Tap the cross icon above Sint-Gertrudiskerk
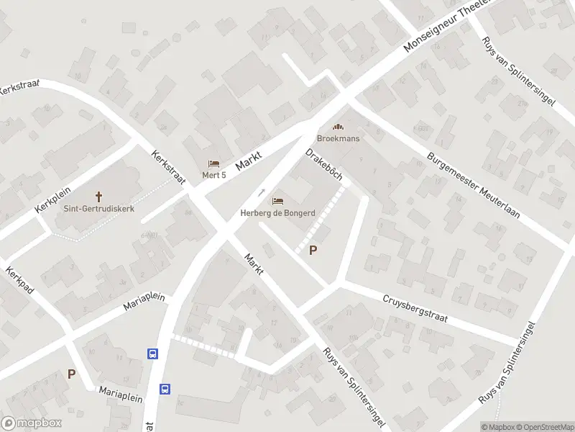click(x=98, y=196)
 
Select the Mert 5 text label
click(x=214, y=175)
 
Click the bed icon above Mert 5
click(x=213, y=163)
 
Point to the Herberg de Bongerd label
click(x=277, y=213)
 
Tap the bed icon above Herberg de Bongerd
click(x=277, y=200)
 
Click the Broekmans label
click(x=339, y=138)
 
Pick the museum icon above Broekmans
click(x=339, y=126)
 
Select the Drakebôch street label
click(x=323, y=165)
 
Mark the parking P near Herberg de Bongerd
click(x=313, y=251)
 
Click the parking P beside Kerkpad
click(x=71, y=374)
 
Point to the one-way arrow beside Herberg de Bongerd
click(x=262, y=193)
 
